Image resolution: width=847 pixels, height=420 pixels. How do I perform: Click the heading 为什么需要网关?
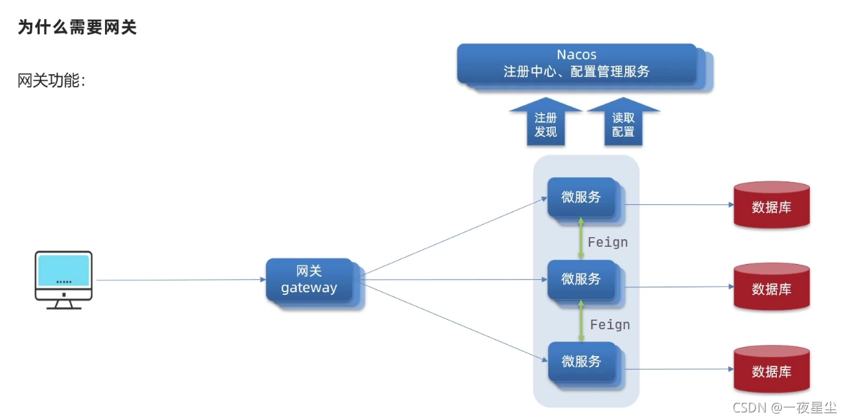(x=77, y=28)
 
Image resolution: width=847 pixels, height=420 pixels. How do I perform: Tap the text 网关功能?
(x=51, y=80)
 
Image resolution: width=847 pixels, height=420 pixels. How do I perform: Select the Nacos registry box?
(x=576, y=63)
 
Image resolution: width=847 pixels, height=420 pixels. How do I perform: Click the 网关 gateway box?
(x=309, y=280)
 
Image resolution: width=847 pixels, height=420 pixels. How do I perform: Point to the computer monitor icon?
(x=64, y=279)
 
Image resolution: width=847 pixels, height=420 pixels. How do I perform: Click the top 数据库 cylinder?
(x=771, y=205)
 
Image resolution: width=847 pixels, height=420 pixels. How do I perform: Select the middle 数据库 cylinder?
(x=771, y=287)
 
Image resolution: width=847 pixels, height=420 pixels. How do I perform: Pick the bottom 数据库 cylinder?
(x=771, y=370)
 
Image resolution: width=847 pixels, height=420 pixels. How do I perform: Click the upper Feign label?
(x=608, y=242)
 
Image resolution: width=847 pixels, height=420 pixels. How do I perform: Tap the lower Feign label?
(x=610, y=324)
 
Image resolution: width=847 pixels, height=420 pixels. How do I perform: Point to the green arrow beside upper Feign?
(x=581, y=239)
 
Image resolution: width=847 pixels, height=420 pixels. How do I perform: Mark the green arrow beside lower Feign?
(x=581, y=320)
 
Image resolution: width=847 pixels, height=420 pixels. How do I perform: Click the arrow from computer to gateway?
(x=179, y=280)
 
